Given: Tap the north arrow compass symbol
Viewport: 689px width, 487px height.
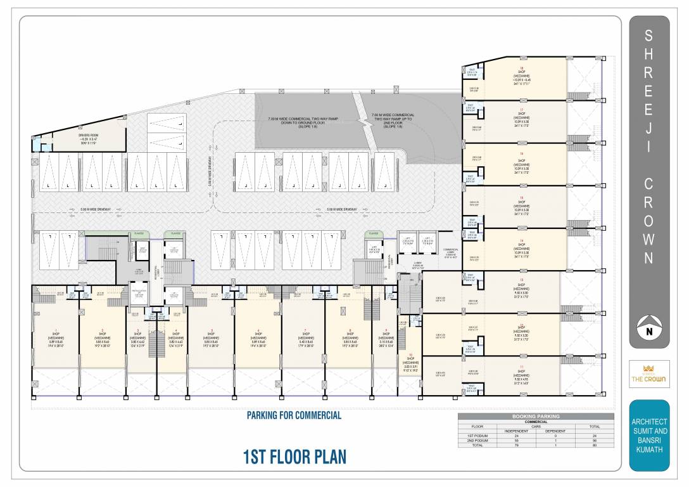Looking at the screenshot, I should coord(649,328).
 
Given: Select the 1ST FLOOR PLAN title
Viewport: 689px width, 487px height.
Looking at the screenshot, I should coord(294,457).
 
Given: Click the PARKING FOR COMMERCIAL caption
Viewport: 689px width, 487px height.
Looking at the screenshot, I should coord(294,415).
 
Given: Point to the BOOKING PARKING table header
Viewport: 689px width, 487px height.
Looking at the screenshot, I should coord(536,416).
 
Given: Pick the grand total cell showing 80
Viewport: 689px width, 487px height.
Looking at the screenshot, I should coord(594,445).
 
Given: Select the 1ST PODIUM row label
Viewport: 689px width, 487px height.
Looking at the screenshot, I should coord(478,436).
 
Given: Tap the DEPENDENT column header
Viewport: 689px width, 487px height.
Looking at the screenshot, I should coord(555,431).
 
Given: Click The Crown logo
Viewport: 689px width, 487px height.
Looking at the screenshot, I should coord(649,375).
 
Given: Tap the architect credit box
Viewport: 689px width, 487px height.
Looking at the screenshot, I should coord(649,435).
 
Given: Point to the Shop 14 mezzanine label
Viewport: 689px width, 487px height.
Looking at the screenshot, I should coord(522,249).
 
